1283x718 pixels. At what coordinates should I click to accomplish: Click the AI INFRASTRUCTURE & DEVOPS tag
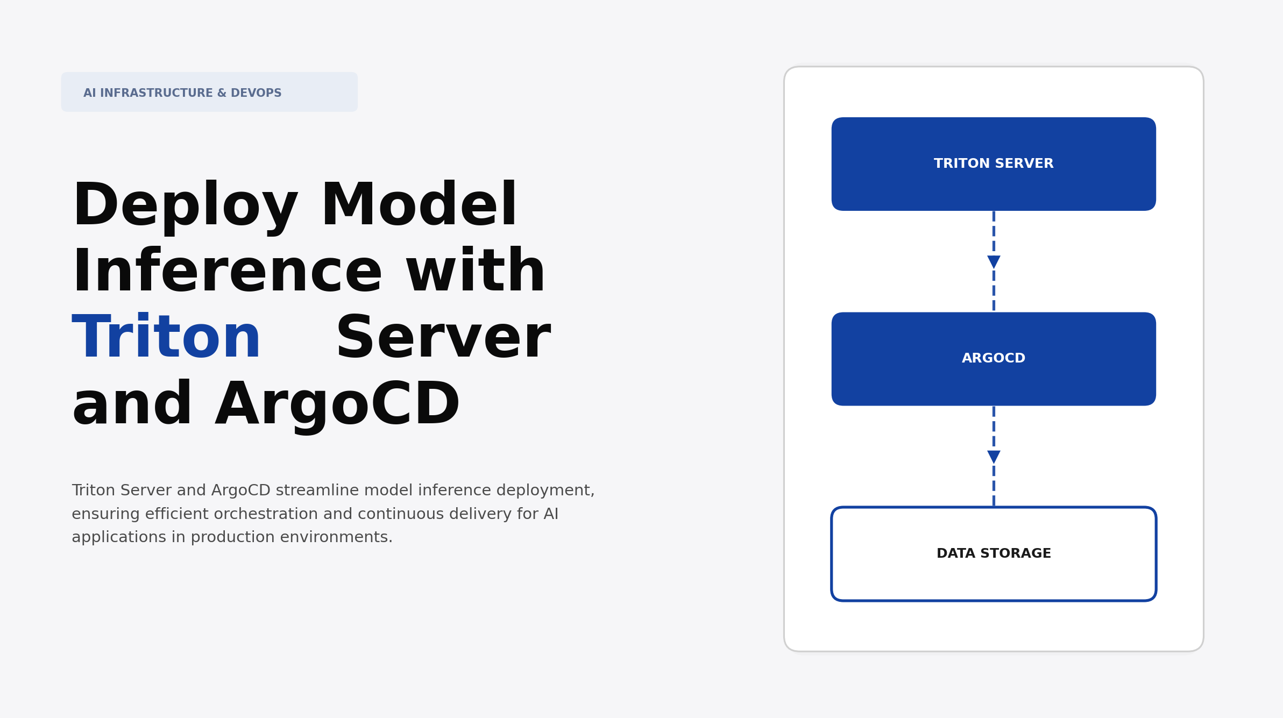[209, 93]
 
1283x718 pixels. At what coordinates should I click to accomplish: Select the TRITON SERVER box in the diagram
[994, 164]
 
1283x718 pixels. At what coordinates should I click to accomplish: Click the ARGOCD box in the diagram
[994, 359]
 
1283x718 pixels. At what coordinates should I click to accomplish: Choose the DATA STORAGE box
[994, 554]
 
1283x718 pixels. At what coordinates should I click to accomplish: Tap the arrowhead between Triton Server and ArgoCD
[994, 262]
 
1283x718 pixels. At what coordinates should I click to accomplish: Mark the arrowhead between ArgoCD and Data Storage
[994, 457]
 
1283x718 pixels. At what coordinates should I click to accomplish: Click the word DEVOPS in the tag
[256, 93]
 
